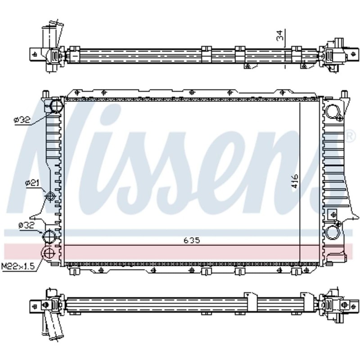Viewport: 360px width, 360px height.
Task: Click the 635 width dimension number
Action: coord(191,240)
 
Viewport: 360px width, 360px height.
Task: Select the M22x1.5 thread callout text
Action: coord(18,266)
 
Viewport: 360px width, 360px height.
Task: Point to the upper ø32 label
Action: coord(22,120)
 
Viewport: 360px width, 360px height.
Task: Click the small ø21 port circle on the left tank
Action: coord(50,197)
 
